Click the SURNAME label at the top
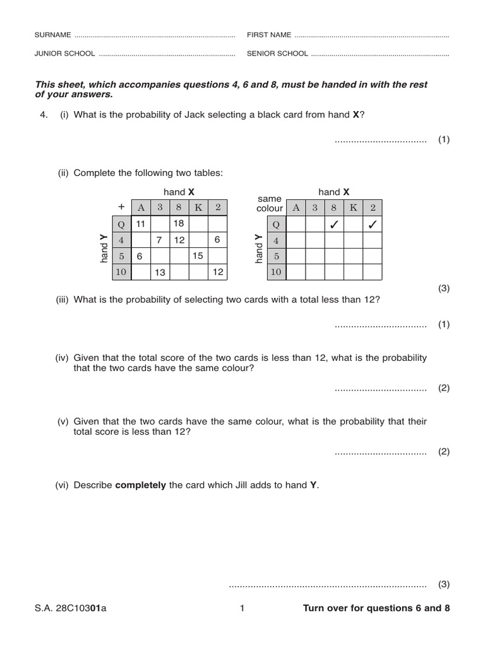pos(52,35)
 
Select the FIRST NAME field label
pos(268,35)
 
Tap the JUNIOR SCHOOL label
pos(64,54)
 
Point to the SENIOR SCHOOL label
pos(277,54)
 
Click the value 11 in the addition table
pos(140,223)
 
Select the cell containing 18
pos(179,223)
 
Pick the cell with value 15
pos(198,256)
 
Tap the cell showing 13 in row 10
pos(160,272)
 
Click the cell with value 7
pos(160,240)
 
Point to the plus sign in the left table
pos(121,207)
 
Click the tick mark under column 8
pos(334,224)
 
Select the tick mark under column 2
pos(373,224)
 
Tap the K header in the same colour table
pos(353,208)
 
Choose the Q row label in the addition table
pos(121,223)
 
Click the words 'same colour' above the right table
pos(270,203)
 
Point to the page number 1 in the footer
pos(242,609)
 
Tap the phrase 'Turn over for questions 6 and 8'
pos(376,609)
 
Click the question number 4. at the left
pos(44,115)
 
